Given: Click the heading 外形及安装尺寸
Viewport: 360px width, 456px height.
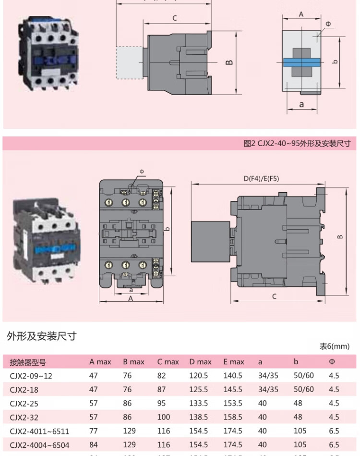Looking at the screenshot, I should click(42, 336).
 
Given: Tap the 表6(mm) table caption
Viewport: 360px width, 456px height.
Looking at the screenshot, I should click(335, 346).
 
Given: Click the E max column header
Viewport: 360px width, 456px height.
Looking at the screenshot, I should click(233, 362).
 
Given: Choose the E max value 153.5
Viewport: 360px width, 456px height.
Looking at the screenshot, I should click(233, 404).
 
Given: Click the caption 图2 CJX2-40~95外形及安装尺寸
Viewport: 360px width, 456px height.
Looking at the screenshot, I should click(297, 143).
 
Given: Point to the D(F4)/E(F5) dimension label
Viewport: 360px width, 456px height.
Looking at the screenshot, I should click(261, 178).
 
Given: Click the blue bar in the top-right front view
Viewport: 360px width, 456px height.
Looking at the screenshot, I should click(301, 62).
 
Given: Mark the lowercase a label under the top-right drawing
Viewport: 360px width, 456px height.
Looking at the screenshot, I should click(301, 104).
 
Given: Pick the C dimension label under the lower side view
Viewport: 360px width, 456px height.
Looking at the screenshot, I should click(275, 296).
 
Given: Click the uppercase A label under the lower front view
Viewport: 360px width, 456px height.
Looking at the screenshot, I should click(131, 298).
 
